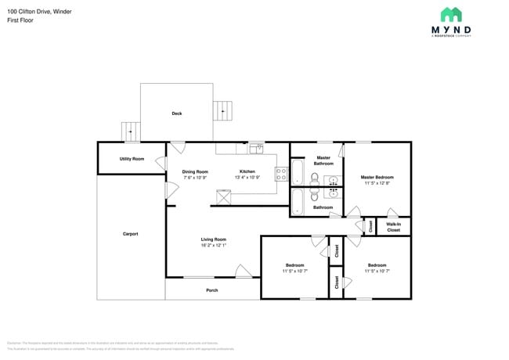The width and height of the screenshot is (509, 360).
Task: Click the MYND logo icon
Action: point(450,14)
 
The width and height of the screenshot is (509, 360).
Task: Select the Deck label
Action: point(177,113)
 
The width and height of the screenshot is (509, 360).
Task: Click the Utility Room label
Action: point(132,159)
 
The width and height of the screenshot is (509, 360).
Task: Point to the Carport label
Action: point(130,234)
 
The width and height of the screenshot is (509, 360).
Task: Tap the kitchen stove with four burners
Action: point(281,175)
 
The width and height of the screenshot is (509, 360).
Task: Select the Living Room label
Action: point(213,239)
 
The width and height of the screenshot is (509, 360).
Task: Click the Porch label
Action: point(211,290)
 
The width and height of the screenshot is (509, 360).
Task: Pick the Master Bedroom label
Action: point(377,178)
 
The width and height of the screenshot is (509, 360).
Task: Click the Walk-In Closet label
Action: point(393,227)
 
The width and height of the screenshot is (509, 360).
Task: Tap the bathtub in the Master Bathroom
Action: point(298,171)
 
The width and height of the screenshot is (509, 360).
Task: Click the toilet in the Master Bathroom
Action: point(314,179)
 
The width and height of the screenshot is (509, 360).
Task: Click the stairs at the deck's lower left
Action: point(129,132)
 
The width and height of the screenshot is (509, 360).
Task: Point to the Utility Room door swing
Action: point(161,163)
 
